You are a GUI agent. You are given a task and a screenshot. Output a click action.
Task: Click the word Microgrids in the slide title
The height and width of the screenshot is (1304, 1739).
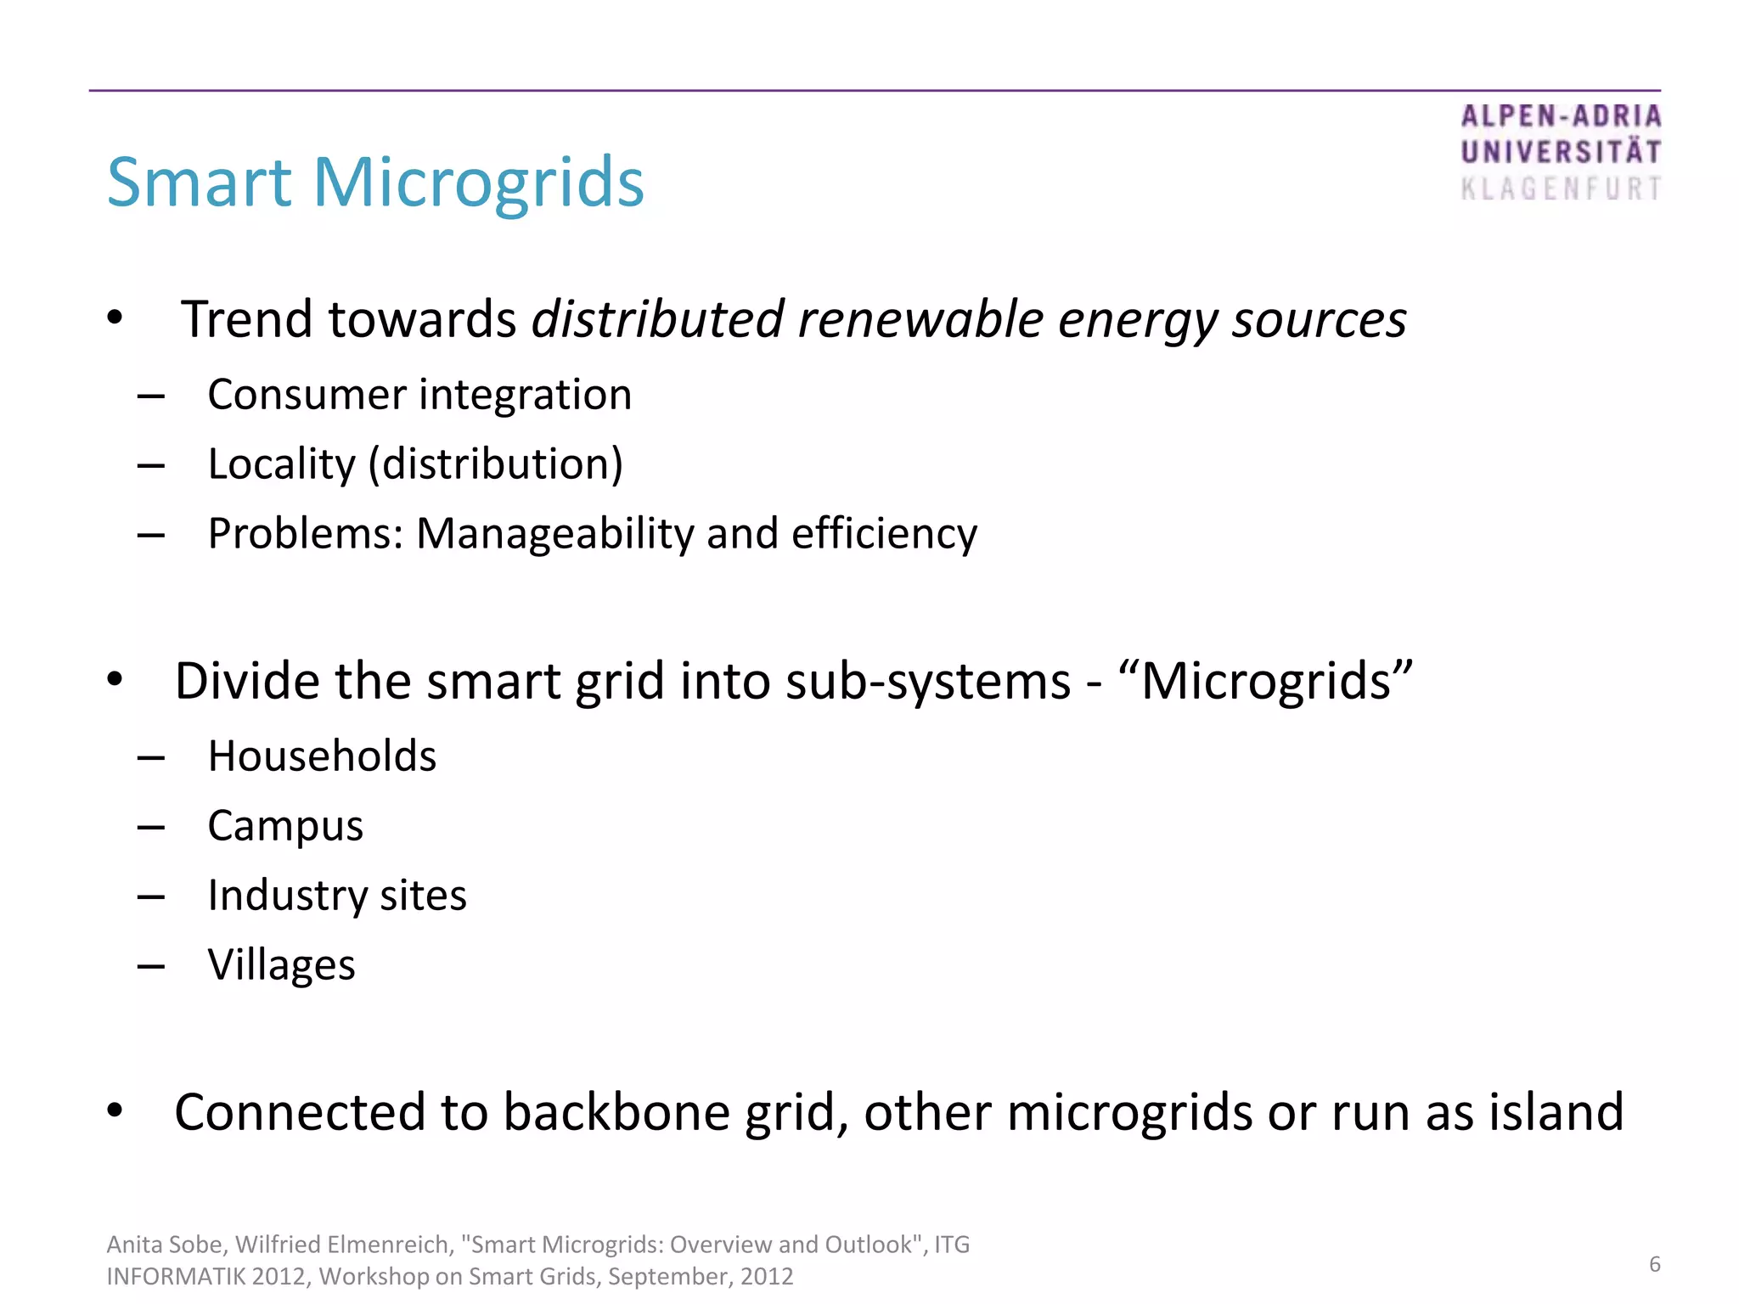(x=479, y=183)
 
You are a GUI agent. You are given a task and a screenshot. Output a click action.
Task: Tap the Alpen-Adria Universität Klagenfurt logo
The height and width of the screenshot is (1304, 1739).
(x=1560, y=153)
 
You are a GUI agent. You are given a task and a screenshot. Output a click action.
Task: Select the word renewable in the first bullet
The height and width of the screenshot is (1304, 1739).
(x=920, y=320)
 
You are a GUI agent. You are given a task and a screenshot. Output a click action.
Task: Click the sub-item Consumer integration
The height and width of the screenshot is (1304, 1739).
(x=419, y=395)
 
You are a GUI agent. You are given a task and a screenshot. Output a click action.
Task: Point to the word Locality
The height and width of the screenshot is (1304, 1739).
(x=281, y=464)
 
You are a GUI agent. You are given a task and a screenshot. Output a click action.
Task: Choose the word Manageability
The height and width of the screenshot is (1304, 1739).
(x=554, y=534)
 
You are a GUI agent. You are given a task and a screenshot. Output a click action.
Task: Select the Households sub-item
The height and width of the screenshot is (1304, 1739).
(x=322, y=756)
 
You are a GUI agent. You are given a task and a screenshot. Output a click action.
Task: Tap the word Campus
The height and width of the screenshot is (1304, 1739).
(x=285, y=826)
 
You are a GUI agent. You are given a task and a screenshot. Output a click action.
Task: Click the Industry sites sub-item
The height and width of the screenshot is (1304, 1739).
(x=337, y=896)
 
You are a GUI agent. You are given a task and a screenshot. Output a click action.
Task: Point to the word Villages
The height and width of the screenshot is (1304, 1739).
(x=281, y=965)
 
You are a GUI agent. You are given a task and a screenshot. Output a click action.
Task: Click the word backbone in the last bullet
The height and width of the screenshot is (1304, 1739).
(x=616, y=1112)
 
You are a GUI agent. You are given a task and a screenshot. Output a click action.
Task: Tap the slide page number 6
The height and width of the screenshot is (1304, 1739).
(x=1654, y=1264)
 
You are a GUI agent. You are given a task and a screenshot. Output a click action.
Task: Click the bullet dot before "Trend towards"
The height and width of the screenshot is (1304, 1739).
(x=115, y=320)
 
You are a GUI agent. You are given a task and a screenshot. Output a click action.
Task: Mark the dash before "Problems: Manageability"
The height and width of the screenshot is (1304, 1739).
(x=150, y=536)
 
